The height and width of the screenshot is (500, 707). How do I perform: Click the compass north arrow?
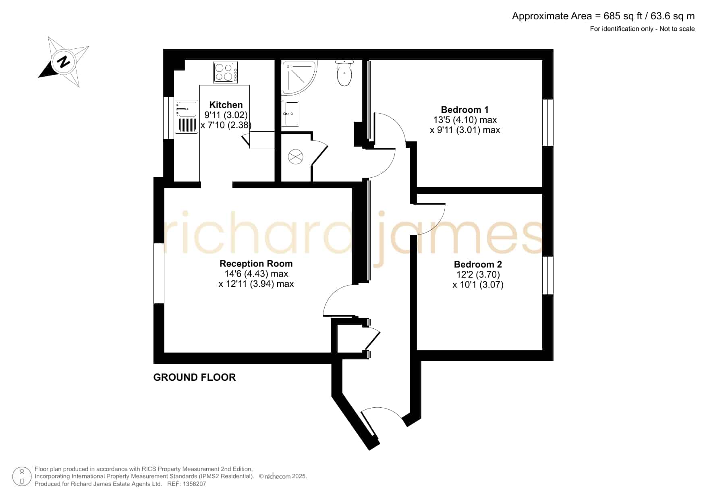click(x=63, y=62)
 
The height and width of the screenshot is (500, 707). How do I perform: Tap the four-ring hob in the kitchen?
click(x=226, y=73)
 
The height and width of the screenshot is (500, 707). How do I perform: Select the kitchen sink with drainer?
click(x=186, y=117)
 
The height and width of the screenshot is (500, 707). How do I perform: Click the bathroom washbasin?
click(x=290, y=113)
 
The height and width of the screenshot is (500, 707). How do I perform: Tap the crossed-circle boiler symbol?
click(x=296, y=157)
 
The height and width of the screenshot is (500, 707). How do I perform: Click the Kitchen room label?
click(x=226, y=105)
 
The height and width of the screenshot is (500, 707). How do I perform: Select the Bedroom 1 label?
click(x=465, y=110)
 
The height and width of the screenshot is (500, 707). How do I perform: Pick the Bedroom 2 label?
click(x=478, y=264)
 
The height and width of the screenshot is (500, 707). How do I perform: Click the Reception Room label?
click(x=256, y=263)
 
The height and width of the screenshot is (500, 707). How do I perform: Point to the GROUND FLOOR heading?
click(x=195, y=378)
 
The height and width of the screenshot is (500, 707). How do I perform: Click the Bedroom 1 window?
click(x=548, y=122)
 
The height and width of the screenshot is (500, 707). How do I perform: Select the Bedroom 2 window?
click(x=548, y=276)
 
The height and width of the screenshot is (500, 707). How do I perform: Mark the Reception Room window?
click(x=159, y=273)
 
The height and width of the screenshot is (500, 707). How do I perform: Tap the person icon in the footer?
click(x=22, y=477)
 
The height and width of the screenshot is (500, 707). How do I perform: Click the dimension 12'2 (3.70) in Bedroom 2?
click(x=478, y=274)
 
